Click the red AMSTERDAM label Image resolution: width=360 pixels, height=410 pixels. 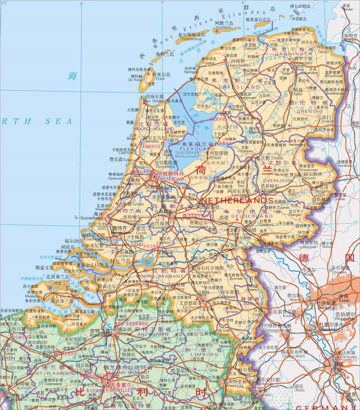point(170,178)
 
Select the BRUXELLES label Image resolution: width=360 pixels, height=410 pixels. point(118,390)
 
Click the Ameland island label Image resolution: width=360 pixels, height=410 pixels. point(224,27)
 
